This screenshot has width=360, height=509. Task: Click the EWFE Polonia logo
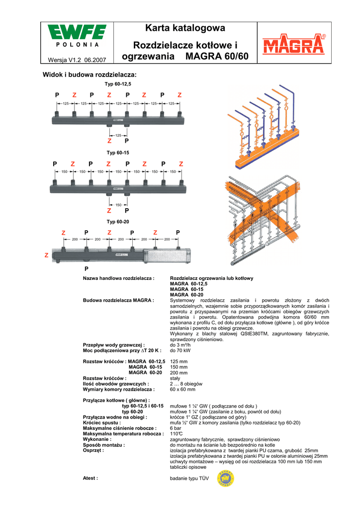[77, 37]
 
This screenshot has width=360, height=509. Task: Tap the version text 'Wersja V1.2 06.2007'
[77, 60]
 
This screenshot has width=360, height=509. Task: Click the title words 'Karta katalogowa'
[185, 28]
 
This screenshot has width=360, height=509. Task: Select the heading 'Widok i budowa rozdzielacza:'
[91, 75]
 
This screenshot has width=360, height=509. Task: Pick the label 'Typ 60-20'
[118, 221]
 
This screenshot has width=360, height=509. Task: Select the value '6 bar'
[176, 428]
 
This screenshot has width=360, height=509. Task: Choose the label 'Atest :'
[90, 478]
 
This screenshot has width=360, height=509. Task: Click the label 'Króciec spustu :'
[102, 423]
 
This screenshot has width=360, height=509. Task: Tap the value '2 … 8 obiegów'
[186, 384]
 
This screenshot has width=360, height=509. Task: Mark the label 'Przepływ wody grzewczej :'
[114, 345]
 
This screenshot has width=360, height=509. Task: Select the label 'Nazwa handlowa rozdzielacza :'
[119, 278]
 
